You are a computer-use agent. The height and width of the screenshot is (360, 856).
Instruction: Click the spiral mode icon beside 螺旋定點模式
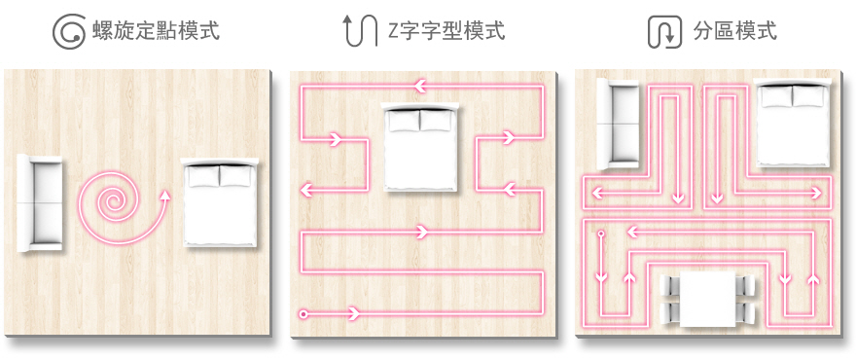(x=69, y=31)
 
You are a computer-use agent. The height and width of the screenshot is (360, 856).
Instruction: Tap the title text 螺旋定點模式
(x=157, y=30)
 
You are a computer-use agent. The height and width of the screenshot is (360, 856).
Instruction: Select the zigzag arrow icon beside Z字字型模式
(x=360, y=30)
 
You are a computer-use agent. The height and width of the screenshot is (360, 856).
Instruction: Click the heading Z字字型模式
(x=446, y=30)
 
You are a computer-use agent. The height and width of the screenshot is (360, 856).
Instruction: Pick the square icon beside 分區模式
(x=665, y=32)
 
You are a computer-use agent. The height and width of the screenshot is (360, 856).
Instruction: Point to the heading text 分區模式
(x=734, y=30)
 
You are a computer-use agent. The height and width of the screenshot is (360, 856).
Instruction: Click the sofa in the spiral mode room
(x=39, y=202)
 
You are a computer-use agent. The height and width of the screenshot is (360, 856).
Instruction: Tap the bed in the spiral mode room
(x=220, y=201)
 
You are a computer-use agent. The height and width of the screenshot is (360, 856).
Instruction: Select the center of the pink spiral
(x=114, y=203)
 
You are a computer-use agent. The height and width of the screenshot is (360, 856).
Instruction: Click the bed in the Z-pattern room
(x=420, y=146)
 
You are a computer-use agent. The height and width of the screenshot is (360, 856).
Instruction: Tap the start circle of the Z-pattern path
(x=303, y=314)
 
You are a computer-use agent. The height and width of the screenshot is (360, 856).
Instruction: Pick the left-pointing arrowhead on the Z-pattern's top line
(x=420, y=86)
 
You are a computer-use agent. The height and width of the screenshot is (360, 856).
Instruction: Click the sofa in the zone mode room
(x=618, y=124)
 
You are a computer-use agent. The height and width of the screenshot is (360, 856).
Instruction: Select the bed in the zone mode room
(x=792, y=123)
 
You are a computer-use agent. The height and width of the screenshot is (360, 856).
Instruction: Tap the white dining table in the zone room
(x=707, y=300)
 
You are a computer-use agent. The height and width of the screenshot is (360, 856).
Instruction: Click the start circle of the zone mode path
(x=601, y=234)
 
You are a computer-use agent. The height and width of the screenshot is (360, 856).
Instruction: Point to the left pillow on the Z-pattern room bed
(x=403, y=121)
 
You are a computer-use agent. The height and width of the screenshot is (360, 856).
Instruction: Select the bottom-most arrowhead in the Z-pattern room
(x=353, y=314)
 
